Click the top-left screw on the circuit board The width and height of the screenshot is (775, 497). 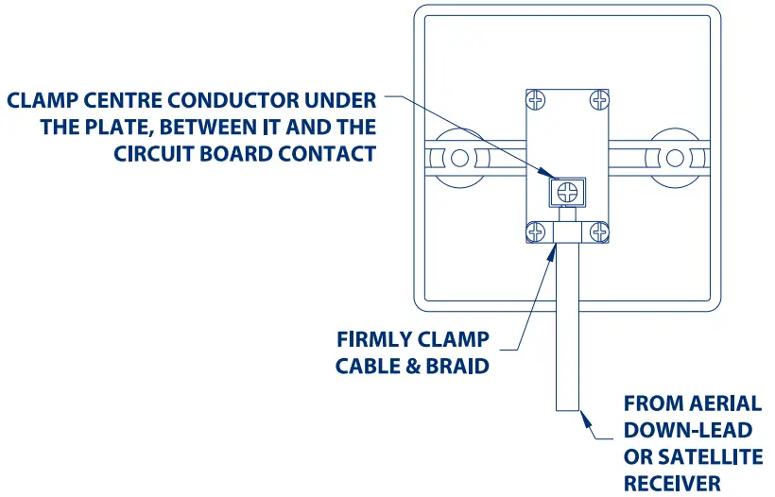pyautogui.click(x=536, y=98)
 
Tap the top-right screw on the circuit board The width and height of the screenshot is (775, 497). pyautogui.click(x=597, y=98)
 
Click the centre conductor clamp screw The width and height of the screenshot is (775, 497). pyautogui.click(x=567, y=192)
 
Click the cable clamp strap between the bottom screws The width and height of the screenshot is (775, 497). pyautogui.click(x=567, y=231)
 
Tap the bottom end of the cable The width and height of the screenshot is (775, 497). pyautogui.click(x=567, y=408)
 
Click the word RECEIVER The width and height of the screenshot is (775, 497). pyautogui.click(x=672, y=484)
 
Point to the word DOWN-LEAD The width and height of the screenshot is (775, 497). pyautogui.click(x=687, y=431)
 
